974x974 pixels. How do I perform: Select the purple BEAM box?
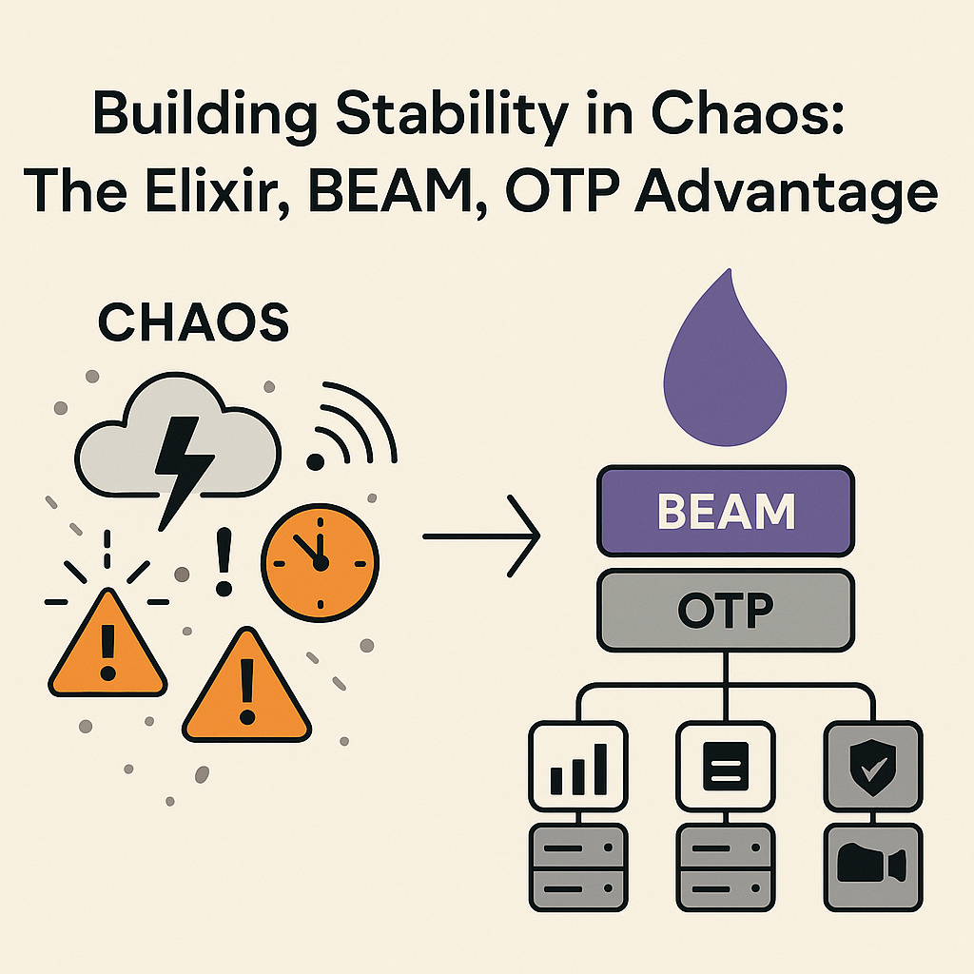tap(726, 511)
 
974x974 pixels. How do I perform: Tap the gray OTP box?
tap(726, 610)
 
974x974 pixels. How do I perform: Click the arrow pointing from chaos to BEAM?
tap(481, 536)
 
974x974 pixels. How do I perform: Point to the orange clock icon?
tap(320, 563)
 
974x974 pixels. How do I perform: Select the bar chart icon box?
tap(578, 767)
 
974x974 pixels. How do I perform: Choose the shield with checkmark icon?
tap(873, 767)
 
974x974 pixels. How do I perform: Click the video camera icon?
tap(872, 864)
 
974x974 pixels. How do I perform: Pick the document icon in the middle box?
tap(726, 767)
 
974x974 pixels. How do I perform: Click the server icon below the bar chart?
tap(578, 867)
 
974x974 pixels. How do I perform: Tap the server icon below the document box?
tap(726, 867)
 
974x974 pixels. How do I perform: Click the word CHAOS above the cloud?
tap(193, 321)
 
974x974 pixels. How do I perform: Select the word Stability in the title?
tap(453, 115)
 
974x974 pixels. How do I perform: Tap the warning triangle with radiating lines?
tap(107, 643)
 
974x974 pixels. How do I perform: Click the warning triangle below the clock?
tap(246, 686)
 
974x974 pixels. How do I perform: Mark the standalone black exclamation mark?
tap(223, 562)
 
